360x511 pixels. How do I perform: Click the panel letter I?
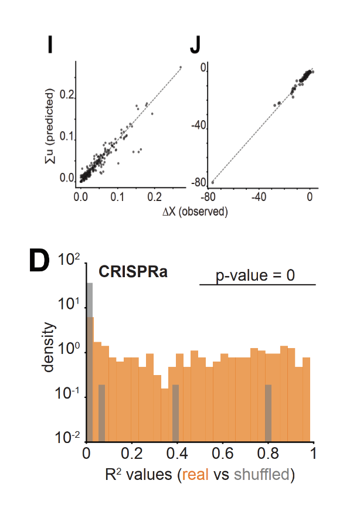(50, 46)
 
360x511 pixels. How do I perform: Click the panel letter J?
(196, 46)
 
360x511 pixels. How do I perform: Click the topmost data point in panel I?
(180, 67)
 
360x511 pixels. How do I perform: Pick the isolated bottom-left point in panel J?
(212, 182)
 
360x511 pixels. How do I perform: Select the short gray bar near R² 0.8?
(268, 413)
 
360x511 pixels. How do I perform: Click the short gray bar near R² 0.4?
(175, 413)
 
